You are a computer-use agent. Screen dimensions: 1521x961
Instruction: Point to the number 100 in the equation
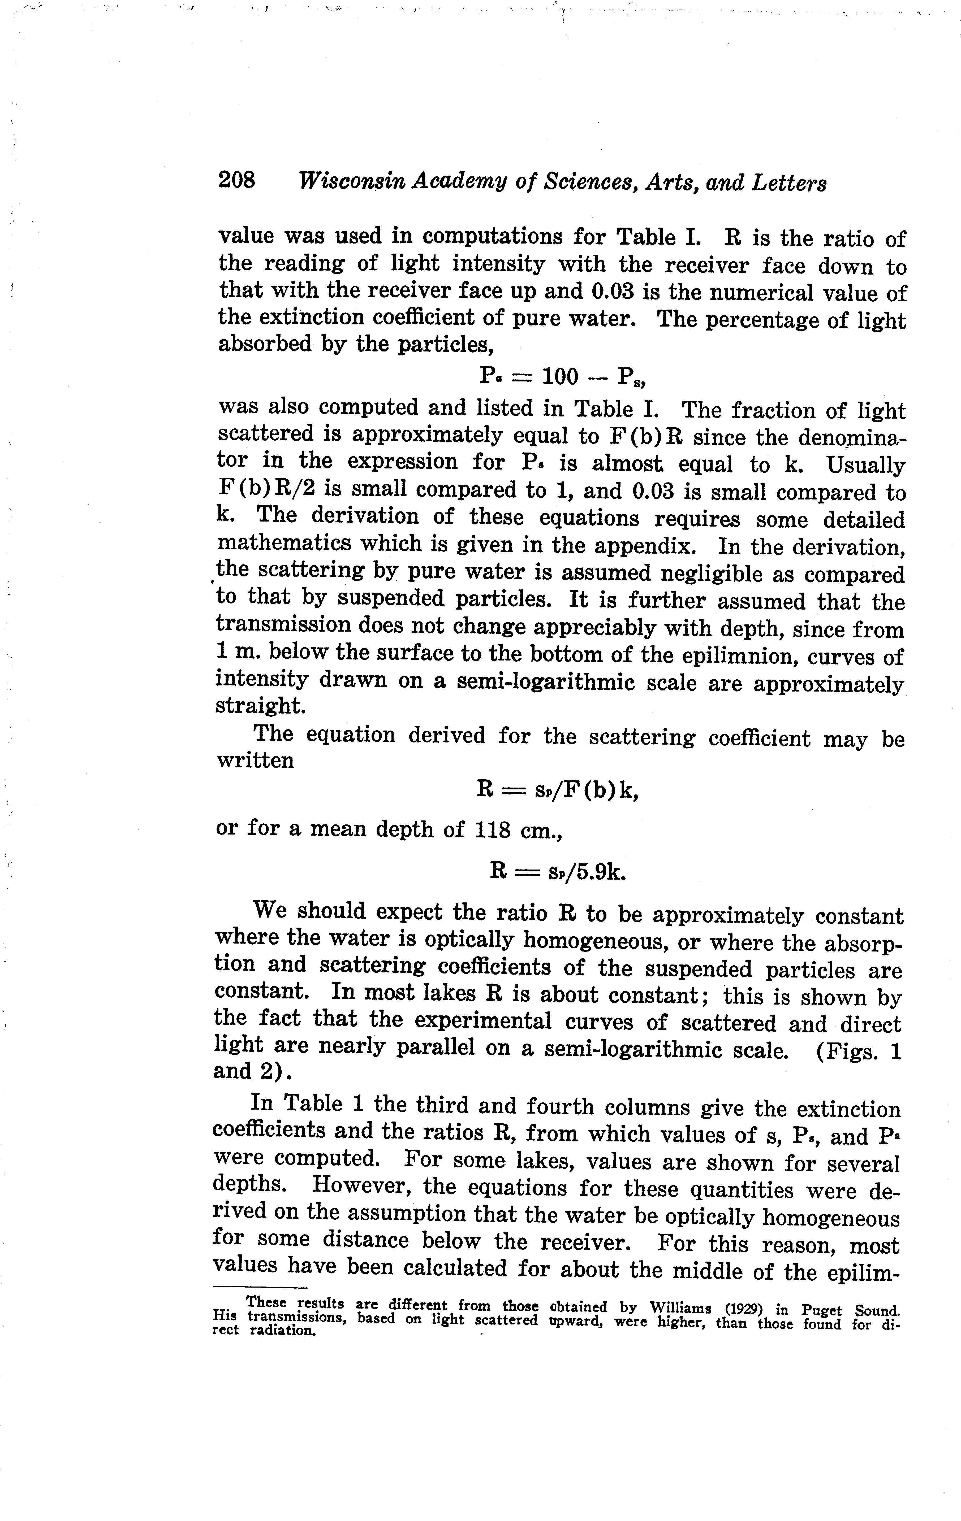click(x=561, y=377)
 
